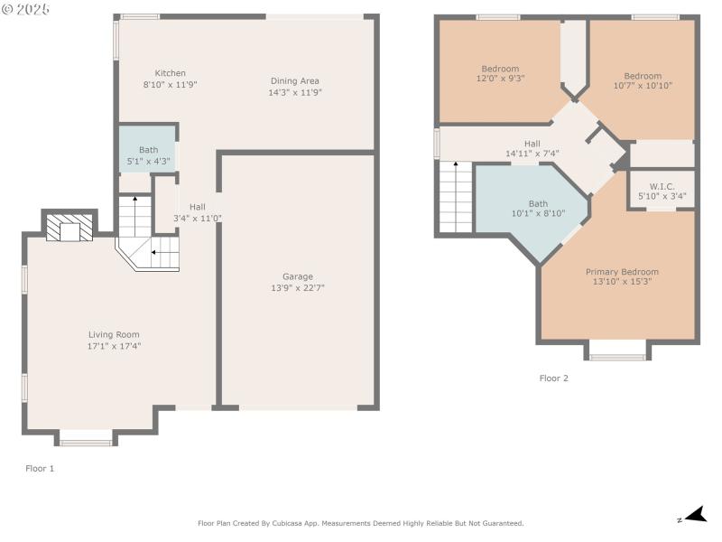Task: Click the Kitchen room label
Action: tap(171, 73)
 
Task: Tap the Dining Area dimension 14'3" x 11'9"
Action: tap(295, 92)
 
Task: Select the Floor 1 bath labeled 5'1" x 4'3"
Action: tap(148, 155)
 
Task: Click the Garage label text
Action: tap(297, 276)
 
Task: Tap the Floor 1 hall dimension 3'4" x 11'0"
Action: tap(197, 218)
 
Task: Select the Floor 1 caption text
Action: tap(40, 468)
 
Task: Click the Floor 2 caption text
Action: tap(553, 378)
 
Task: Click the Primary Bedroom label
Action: tap(622, 272)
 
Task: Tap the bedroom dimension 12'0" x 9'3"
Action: tap(500, 79)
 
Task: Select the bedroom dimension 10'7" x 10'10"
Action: tap(643, 85)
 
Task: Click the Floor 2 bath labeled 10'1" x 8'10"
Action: tap(538, 209)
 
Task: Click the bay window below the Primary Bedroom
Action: tap(617, 350)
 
